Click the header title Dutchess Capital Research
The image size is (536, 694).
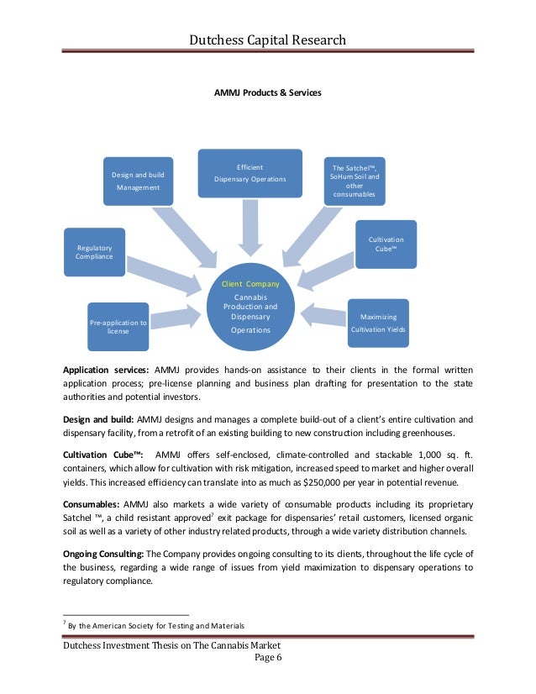pos(267,39)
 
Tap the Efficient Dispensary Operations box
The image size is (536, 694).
pos(250,173)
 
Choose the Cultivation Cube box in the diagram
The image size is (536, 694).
pos(386,244)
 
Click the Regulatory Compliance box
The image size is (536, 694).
pos(94,252)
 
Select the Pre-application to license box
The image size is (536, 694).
pos(118,326)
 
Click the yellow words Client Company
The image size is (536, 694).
pos(250,284)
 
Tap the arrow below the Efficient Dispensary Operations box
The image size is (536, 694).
pos(250,225)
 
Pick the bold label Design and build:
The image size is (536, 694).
pos(97,418)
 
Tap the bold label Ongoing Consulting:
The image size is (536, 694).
pos(103,555)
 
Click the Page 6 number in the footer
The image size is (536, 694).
pos(267,657)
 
